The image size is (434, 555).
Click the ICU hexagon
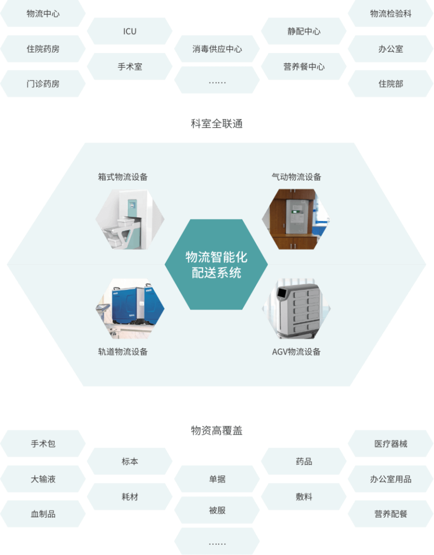point(129,31)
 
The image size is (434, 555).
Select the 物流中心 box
point(43,14)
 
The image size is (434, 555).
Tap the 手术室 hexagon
point(129,67)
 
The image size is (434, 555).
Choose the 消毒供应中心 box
point(217,49)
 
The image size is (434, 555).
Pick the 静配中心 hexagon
point(303,31)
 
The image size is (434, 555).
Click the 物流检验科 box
point(391,14)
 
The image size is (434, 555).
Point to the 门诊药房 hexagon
point(43,84)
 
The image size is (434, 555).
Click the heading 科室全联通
point(217,124)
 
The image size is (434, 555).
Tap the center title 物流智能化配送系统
point(217,264)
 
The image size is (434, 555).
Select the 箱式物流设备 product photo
point(130,219)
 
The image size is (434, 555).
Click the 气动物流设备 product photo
point(296,219)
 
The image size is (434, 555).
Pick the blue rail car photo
point(130,309)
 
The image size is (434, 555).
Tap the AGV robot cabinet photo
point(296,309)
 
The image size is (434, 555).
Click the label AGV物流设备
point(296,352)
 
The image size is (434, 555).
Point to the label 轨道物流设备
point(123,352)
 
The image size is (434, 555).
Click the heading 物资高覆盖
point(217,431)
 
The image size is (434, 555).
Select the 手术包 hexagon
point(43,444)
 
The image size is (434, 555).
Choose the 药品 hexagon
point(303,462)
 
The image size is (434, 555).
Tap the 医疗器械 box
point(391,444)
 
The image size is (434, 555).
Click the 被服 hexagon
point(217,511)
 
